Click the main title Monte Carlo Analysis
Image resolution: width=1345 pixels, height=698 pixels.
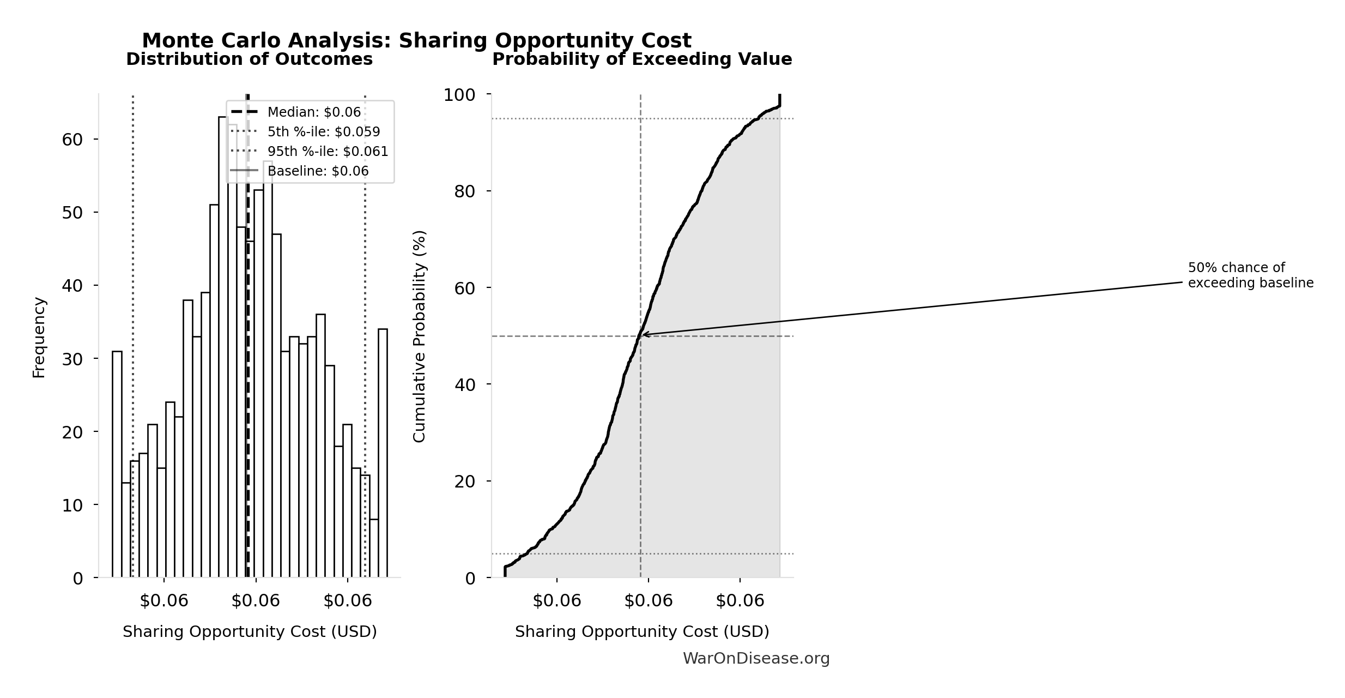[x=416, y=41]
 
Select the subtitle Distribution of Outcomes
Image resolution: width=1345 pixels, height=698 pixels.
[x=250, y=59]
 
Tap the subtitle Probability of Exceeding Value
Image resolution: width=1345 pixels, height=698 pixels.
[x=642, y=59]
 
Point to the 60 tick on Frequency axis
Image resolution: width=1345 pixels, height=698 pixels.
[x=72, y=140]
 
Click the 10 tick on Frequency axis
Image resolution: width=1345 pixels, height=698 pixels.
[x=72, y=506]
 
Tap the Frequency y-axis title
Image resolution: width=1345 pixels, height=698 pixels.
[x=39, y=337]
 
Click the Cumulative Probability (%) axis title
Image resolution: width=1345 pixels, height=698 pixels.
[x=419, y=336]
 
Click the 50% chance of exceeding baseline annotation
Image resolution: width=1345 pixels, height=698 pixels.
[x=1250, y=275]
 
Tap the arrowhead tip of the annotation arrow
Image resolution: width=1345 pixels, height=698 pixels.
[x=643, y=335]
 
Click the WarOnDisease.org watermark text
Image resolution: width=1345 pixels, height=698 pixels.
[x=756, y=659]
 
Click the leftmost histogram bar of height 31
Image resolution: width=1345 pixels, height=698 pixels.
[x=117, y=464]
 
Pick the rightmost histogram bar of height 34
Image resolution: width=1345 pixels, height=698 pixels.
[x=383, y=453]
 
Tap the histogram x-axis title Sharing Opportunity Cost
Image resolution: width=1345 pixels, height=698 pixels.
[x=250, y=632]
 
